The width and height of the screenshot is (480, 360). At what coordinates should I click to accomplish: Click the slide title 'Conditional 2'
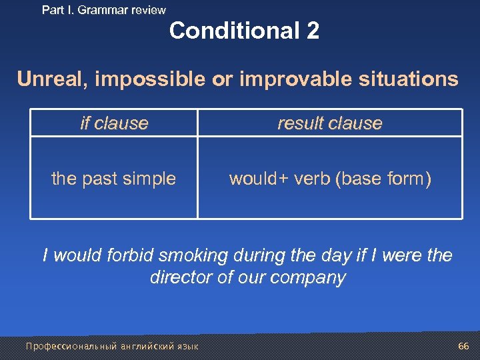click(x=244, y=31)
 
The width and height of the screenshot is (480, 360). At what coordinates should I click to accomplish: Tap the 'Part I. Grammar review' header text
click(x=103, y=10)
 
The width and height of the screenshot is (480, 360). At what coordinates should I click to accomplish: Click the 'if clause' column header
click(x=114, y=123)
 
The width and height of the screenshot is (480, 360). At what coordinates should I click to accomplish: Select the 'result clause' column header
click(x=329, y=123)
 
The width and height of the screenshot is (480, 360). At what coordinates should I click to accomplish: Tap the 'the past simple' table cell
click(x=114, y=179)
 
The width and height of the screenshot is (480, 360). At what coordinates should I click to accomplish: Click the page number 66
click(x=463, y=346)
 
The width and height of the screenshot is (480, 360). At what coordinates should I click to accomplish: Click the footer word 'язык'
click(x=186, y=347)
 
